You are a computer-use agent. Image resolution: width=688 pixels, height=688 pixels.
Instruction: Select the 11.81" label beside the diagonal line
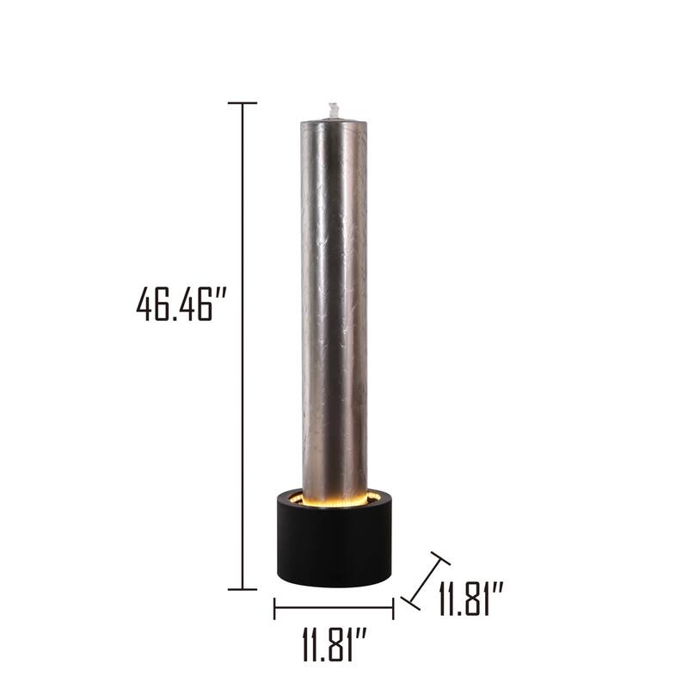point(470,599)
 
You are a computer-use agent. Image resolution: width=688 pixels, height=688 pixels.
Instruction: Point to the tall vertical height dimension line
point(243,344)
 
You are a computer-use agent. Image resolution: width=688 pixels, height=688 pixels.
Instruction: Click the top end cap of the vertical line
point(243,103)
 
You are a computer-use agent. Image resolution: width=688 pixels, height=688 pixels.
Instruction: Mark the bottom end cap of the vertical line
point(243,589)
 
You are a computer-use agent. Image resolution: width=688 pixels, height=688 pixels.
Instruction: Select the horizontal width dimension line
point(334,609)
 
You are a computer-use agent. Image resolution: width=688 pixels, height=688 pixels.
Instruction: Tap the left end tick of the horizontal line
point(274,609)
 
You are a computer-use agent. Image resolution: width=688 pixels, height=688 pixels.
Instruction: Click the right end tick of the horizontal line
point(393,609)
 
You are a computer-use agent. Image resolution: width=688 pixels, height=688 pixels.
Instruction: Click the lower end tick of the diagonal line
point(411,601)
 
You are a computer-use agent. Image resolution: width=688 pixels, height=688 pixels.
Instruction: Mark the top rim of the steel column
point(334,122)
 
